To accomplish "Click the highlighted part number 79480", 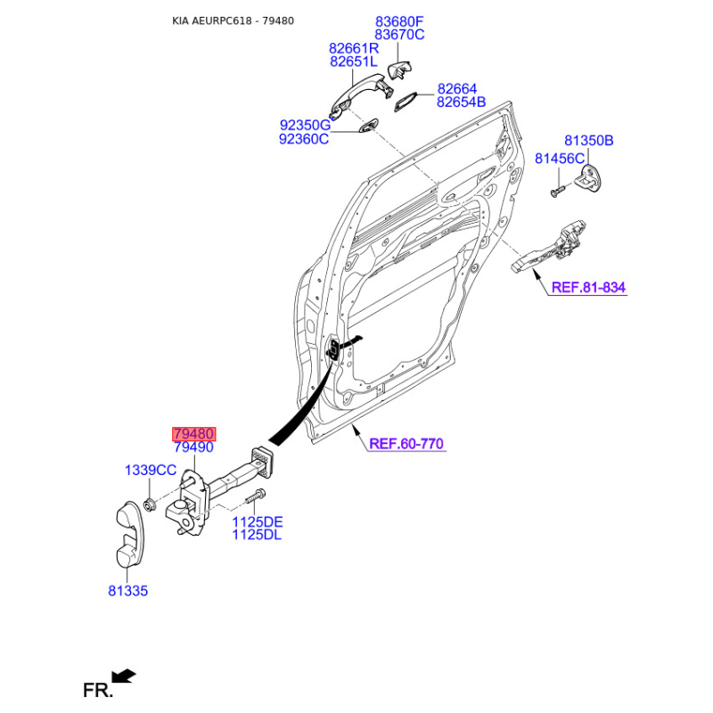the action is tap(193, 434).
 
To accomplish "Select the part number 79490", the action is tap(193, 447).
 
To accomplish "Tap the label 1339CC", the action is tap(151, 471).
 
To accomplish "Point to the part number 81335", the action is tap(127, 591).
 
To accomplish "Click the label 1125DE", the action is tap(258, 521).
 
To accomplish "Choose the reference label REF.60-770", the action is tap(406, 443).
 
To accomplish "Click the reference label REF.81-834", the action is tap(588, 287).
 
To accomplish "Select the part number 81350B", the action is tap(589, 141).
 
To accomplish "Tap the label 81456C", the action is tap(560, 159).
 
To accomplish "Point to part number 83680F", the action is tap(399, 21).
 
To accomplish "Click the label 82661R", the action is tap(354, 48).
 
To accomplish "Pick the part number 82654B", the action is tap(461, 102).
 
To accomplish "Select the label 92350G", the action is tap(305, 125).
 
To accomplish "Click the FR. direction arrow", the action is tap(124, 676).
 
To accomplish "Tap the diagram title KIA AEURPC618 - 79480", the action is tap(233, 20).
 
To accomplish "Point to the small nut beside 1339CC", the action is tap(149, 504).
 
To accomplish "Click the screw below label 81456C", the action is tap(557, 191).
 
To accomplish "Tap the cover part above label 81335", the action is tap(130, 535).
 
